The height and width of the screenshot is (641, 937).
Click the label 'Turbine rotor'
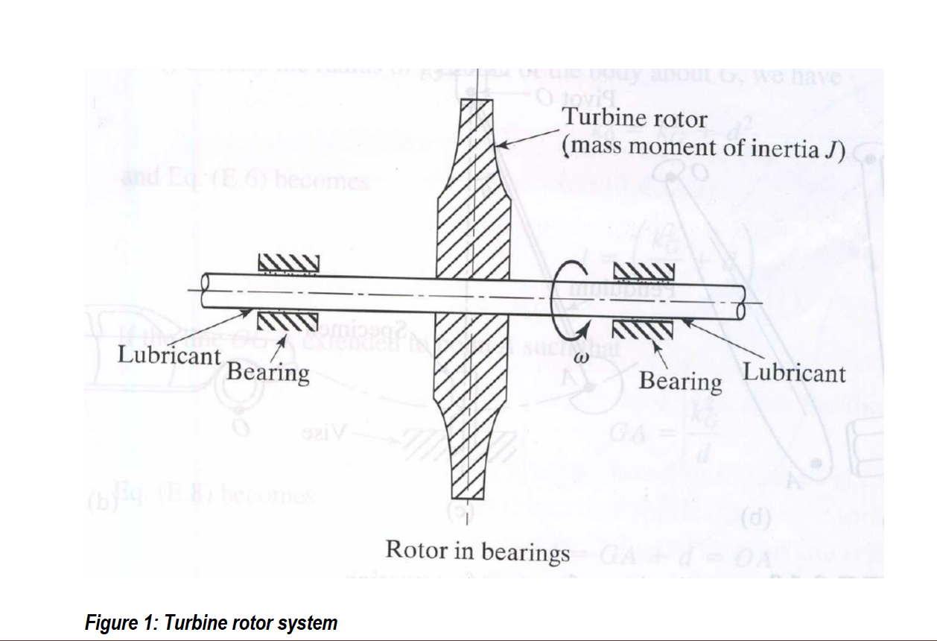pyautogui.click(x=635, y=118)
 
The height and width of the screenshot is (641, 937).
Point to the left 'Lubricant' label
pyautogui.click(x=169, y=355)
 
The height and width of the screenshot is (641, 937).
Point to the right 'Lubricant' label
pyautogui.click(x=795, y=373)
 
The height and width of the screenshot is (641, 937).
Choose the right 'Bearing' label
pyautogui.click(x=680, y=381)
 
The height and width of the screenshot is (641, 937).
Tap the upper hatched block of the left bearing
pyautogui.click(x=288, y=262)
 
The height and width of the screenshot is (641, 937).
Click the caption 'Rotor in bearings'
pyautogui.click(x=477, y=551)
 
